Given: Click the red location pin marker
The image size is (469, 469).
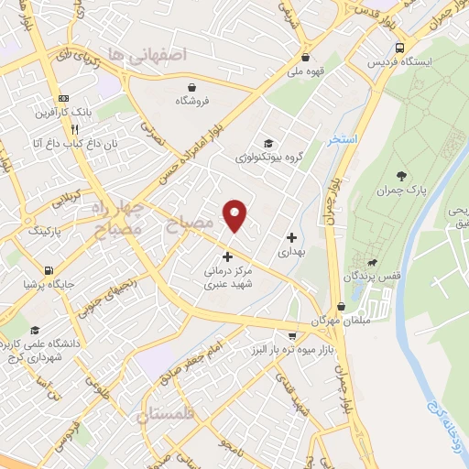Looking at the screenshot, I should click(x=235, y=214).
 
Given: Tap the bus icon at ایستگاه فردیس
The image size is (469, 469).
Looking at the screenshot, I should click(x=398, y=47).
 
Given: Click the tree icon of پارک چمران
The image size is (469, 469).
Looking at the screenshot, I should click(x=400, y=175).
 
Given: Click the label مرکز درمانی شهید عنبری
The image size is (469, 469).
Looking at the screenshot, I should click(x=227, y=278).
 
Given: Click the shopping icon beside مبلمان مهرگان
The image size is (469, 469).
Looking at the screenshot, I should click(x=341, y=307).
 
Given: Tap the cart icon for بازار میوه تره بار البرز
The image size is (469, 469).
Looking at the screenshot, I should click(x=291, y=336).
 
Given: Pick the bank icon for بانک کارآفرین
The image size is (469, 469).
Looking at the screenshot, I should click(x=62, y=98).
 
